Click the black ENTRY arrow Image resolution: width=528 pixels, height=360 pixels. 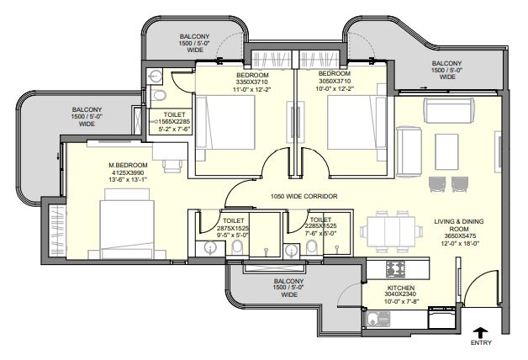point(481,332)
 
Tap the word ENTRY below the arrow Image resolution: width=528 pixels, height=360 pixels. point(481,343)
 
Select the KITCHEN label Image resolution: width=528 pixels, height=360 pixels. point(401,288)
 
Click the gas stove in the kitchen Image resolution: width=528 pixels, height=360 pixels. point(395,269)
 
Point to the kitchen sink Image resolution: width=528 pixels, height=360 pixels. point(378,319)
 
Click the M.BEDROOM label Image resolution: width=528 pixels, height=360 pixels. point(128,166)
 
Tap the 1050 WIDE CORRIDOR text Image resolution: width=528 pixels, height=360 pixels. point(304,196)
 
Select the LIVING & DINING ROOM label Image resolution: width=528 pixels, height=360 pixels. point(459,225)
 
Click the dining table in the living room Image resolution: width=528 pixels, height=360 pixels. point(392,231)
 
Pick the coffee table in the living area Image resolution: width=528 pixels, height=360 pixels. point(446,151)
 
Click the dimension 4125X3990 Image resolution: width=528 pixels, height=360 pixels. point(126,172)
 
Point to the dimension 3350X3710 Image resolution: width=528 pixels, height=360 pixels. point(252,82)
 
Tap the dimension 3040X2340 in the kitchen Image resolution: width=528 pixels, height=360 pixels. point(400,294)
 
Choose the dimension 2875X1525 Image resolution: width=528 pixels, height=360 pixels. point(233,228)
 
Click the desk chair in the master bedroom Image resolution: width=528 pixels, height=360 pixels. point(172,167)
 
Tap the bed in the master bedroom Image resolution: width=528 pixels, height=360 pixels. point(127,224)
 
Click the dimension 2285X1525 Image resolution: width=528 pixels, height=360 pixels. point(320,226)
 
